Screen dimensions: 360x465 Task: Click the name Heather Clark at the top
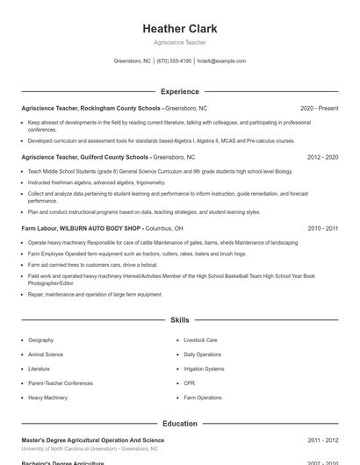pos(180,29)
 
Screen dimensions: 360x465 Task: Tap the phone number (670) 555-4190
pos(174,61)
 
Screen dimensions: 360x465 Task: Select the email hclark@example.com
pos(221,61)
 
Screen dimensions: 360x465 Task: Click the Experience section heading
pos(180,91)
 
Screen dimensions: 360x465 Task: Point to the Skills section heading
pos(180,320)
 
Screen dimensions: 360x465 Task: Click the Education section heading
pos(180,424)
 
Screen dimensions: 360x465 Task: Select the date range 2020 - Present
pos(319,108)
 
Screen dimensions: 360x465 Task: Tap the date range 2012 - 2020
pos(322,157)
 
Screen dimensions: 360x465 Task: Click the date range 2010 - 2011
pos(322,228)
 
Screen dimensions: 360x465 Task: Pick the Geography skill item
pos(40,340)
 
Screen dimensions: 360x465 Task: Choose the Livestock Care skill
pos(200,340)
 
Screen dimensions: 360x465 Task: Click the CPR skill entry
pos(189,383)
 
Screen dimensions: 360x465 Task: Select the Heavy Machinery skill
pos(47,398)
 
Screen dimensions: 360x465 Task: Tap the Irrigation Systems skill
pos(204,369)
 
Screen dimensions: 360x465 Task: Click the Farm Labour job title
pos(40,228)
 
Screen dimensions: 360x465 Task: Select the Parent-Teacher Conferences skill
pos(60,383)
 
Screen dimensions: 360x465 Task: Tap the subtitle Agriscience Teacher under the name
pos(180,43)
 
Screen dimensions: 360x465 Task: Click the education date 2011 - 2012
pos(322,440)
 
